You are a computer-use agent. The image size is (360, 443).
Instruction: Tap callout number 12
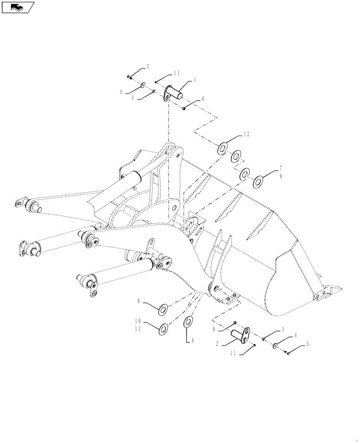click(x=247, y=134)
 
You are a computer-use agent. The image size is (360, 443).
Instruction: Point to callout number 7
click(x=281, y=169)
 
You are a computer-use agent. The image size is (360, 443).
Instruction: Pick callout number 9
click(x=281, y=176)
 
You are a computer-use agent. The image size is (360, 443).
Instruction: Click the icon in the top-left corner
click(x=18, y=7)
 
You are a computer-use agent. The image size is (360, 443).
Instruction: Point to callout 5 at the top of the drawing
click(x=148, y=67)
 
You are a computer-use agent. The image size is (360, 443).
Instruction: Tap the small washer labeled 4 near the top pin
click(x=145, y=84)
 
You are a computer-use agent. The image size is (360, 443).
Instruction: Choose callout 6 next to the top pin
click(x=203, y=99)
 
